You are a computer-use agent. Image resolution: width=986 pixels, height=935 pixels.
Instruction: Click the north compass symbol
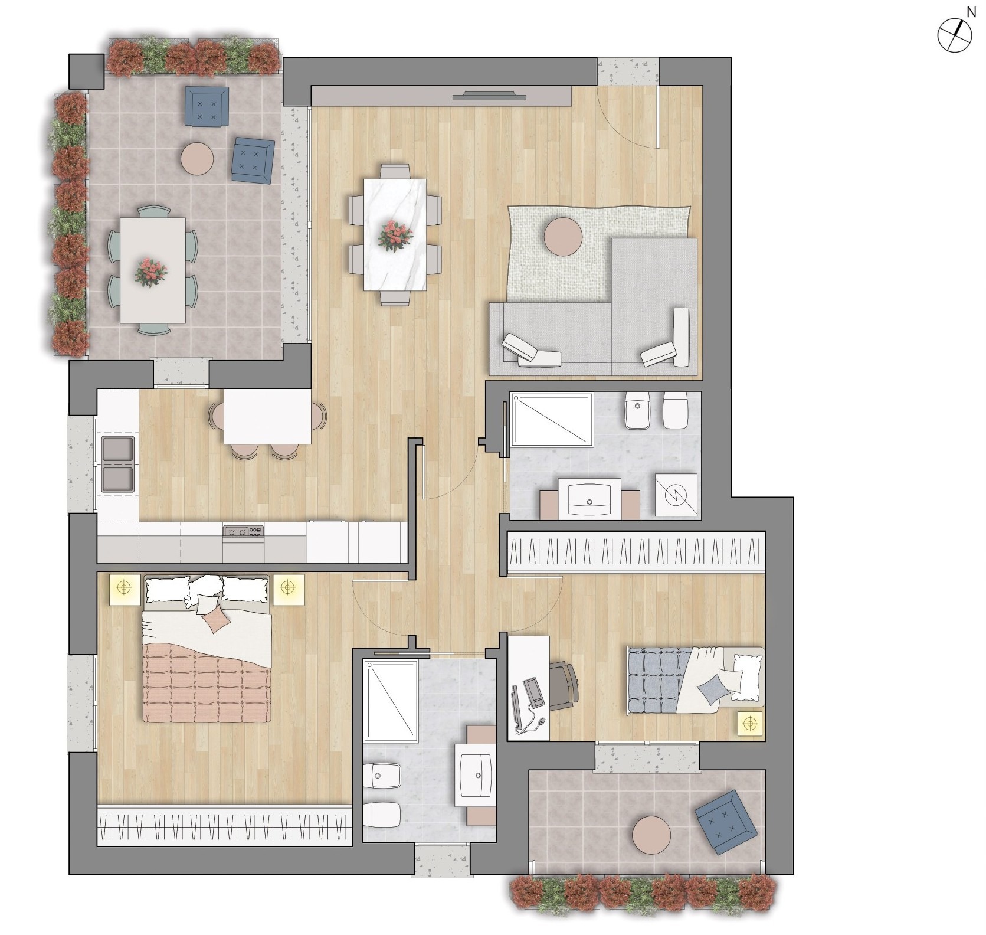coord(954,35)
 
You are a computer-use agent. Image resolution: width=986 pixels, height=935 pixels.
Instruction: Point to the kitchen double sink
coord(118,464)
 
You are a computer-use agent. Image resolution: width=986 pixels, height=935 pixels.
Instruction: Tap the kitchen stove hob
coord(243,531)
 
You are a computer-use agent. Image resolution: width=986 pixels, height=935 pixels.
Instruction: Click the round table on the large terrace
coord(197,158)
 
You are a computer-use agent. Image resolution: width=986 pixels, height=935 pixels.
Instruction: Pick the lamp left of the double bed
coord(124,589)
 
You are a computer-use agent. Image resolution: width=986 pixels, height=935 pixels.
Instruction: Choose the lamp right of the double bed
coord(287,589)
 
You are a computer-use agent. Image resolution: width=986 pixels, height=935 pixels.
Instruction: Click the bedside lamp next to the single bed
coord(750,724)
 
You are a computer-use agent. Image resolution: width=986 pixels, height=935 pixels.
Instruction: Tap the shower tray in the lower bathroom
coord(391,701)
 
